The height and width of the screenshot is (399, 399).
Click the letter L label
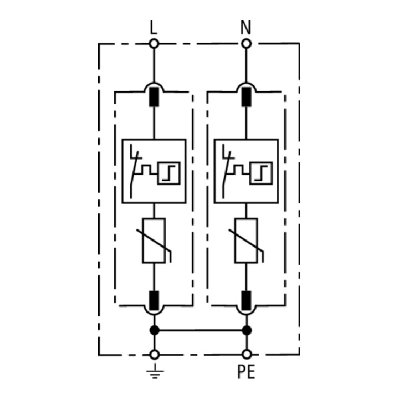click(x=153, y=27)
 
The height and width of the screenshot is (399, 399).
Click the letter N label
click(x=246, y=27)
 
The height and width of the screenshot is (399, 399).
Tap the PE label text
click(x=246, y=372)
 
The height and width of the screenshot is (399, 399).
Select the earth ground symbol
click(x=155, y=371)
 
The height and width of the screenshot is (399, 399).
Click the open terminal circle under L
click(x=154, y=44)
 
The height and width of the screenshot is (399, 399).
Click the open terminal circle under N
click(x=246, y=44)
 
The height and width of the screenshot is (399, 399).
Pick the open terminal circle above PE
click(x=246, y=354)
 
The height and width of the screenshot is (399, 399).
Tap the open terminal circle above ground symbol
click(x=155, y=355)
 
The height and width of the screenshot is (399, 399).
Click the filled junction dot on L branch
click(x=155, y=330)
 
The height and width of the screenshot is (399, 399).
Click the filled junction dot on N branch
click(x=247, y=330)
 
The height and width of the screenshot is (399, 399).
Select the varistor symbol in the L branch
click(x=154, y=240)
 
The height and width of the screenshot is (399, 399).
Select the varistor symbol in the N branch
click(x=246, y=240)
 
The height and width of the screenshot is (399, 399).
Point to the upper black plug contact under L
click(x=154, y=97)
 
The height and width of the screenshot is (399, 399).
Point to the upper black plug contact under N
click(x=246, y=97)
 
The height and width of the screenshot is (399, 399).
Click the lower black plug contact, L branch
click(x=154, y=300)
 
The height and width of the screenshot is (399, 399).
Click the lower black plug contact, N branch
click(x=246, y=300)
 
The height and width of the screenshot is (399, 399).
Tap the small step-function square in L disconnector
click(x=168, y=173)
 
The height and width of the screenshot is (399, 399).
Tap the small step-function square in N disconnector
click(x=261, y=173)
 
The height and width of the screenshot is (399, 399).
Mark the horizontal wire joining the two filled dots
click(x=201, y=330)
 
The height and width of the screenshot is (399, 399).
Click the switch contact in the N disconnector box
click(x=226, y=171)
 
